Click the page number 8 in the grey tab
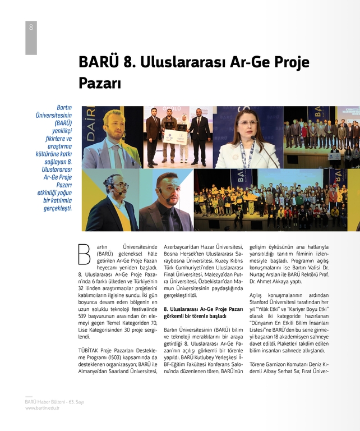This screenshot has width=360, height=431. pyautogui.click(x=31, y=27)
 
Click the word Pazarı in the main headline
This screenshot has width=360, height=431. pyautogui.click(x=100, y=84)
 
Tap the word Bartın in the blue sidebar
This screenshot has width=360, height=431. pyautogui.click(x=64, y=107)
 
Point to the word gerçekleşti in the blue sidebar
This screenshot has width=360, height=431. pyautogui.click(x=58, y=208)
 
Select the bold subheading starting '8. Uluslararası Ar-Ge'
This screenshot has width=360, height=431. pyautogui.click(x=204, y=313)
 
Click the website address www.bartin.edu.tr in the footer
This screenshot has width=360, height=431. pyautogui.click(x=42, y=408)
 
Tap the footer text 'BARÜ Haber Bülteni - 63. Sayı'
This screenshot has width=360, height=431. pyautogui.click(x=54, y=402)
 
